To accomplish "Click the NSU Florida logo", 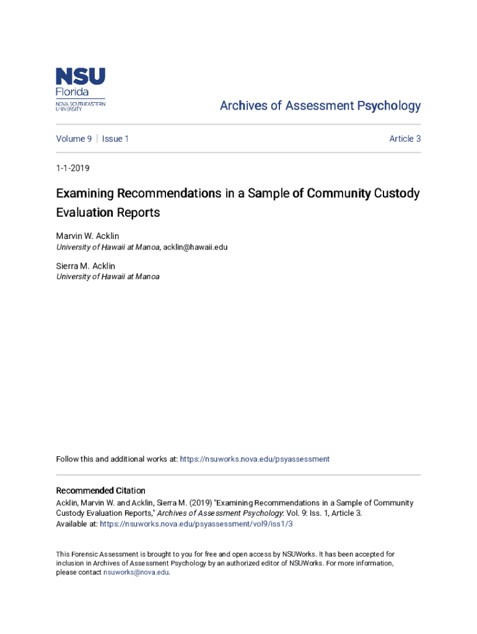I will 81,89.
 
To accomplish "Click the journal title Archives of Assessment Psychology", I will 320,106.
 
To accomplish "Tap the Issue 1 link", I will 115,139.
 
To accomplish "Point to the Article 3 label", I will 405,139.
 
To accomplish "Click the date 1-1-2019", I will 73,167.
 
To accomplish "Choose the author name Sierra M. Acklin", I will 85,266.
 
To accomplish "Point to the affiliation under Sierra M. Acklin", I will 108,277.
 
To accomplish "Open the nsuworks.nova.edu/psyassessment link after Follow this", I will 254,459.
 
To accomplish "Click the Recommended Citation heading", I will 100,490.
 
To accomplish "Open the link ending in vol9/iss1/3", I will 196,524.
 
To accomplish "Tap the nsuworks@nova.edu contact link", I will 136,573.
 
